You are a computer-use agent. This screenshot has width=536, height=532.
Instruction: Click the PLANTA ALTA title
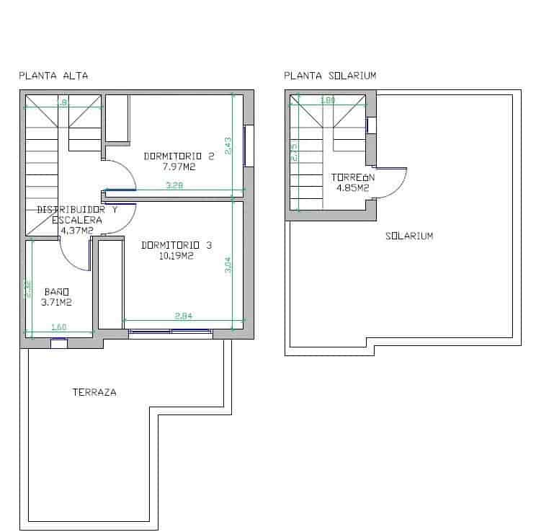pyautogui.click(x=53, y=76)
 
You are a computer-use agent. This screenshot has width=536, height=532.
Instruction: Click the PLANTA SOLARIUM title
pyautogui.click(x=330, y=76)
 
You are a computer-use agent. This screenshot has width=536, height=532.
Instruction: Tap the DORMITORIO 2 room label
pyautogui.click(x=179, y=156)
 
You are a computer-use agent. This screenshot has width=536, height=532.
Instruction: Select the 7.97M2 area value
pyautogui.click(x=179, y=167)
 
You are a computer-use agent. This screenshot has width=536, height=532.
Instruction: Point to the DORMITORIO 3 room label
pyautogui.click(x=177, y=245)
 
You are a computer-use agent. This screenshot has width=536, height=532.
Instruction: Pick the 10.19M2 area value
pyautogui.click(x=177, y=255)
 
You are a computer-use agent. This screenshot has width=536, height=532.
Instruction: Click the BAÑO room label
pyautogui.click(x=56, y=291)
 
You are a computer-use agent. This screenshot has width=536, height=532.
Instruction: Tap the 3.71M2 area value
pyautogui.click(x=56, y=302)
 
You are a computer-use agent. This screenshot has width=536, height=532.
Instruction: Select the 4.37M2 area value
pyautogui.click(x=76, y=231)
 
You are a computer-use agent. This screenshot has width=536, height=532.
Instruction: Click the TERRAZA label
pyautogui.click(x=94, y=393)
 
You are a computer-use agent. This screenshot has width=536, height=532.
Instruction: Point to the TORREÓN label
pyautogui.click(x=353, y=177)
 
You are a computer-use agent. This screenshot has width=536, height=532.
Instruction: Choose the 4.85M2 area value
pyautogui.click(x=353, y=188)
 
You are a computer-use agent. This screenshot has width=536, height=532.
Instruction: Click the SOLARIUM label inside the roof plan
pyautogui.click(x=409, y=236)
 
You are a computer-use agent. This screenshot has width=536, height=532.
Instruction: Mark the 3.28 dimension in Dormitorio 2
pyautogui.click(x=174, y=186)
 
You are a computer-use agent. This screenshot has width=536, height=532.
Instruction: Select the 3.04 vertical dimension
pyautogui.click(x=228, y=265)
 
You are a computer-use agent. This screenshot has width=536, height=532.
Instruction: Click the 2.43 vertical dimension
pyautogui.click(x=228, y=146)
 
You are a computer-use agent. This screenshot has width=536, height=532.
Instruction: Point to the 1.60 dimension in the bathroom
pyautogui.click(x=59, y=328)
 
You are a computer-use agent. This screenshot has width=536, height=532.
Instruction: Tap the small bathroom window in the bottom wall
pyautogui.click(x=59, y=343)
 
